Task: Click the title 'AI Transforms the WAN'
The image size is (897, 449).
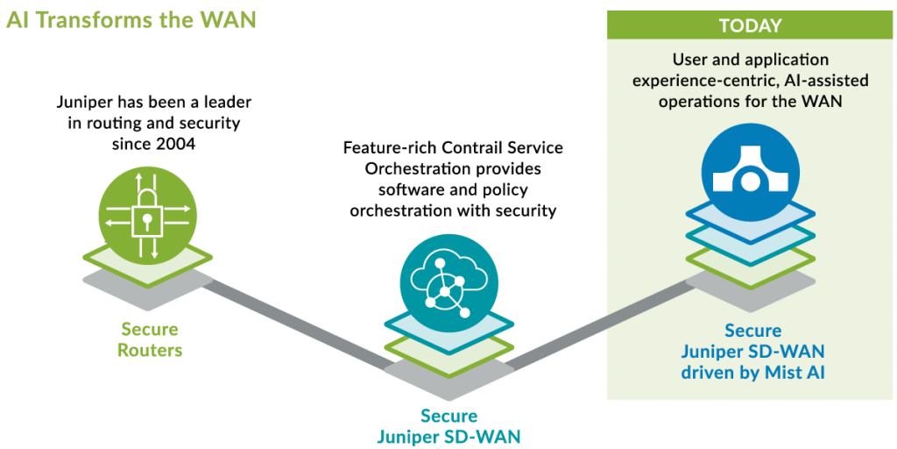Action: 131,19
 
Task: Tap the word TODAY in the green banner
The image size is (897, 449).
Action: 750,26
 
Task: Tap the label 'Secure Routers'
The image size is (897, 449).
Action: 150,340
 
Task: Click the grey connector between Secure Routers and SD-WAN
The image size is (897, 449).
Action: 298,324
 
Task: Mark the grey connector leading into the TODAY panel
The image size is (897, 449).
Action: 604,320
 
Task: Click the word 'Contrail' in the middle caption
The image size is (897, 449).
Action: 470,147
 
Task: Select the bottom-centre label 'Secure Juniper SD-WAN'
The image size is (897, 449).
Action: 449,426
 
